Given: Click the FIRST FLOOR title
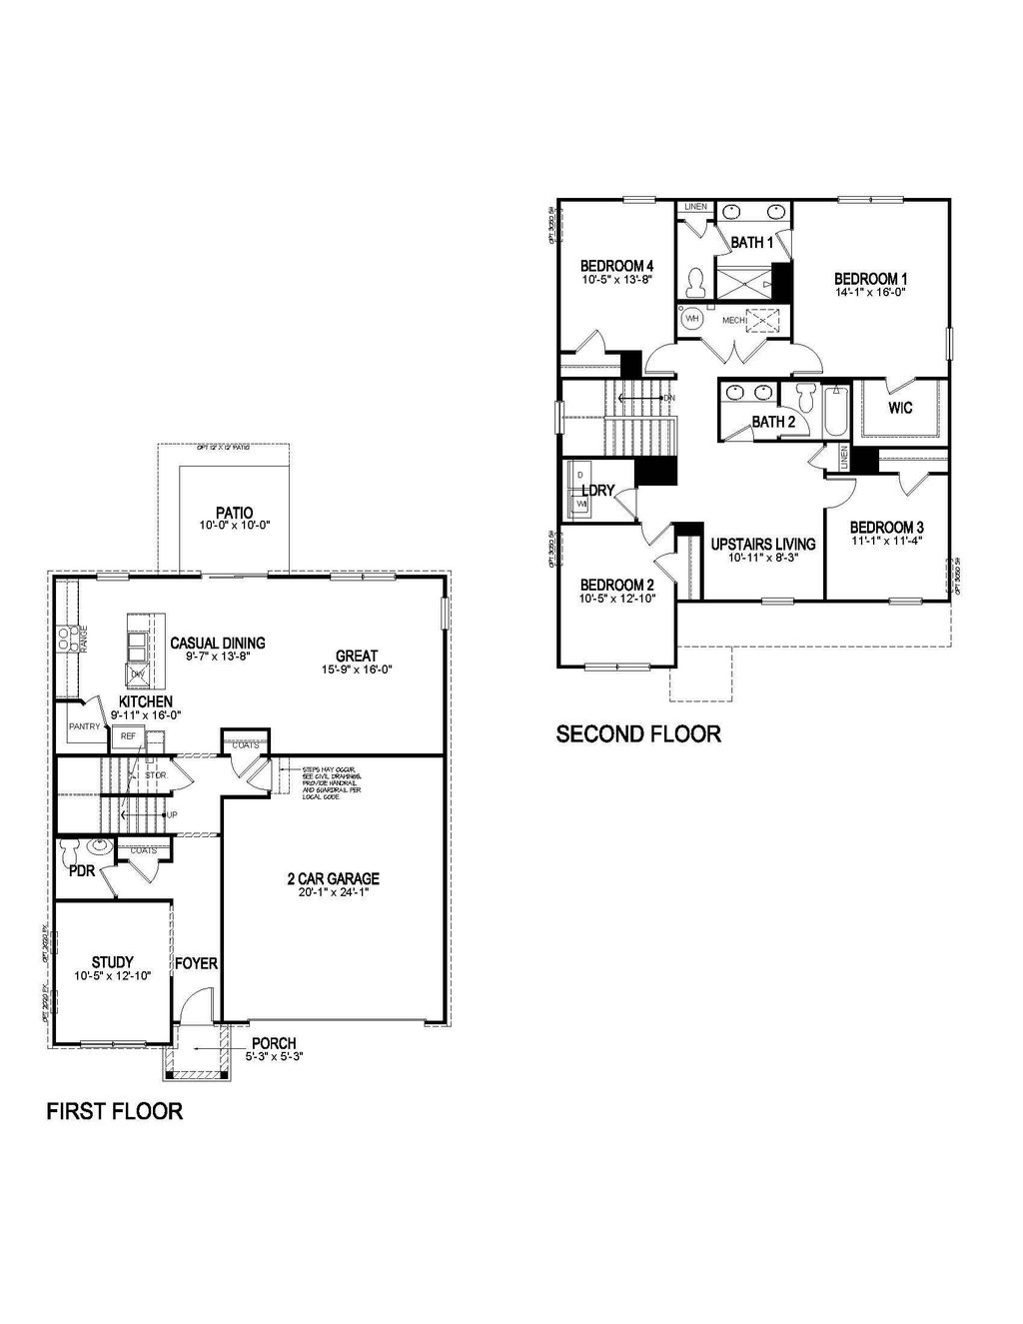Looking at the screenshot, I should (x=114, y=1111).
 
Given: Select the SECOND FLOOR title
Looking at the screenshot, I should (x=637, y=734).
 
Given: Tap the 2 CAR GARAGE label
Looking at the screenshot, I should (x=333, y=879).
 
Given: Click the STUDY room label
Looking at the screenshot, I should (x=112, y=962).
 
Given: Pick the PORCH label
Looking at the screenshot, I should (x=273, y=1043).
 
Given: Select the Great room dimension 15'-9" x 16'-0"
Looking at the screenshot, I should (x=356, y=669).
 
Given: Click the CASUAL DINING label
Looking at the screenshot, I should (x=217, y=644).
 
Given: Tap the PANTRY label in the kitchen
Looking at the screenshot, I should (x=84, y=726).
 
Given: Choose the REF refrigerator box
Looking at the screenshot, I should (x=128, y=736).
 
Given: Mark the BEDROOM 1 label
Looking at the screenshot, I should (x=870, y=279).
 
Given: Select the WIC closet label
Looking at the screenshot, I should (x=899, y=408).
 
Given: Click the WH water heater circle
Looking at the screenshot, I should (x=691, y=320).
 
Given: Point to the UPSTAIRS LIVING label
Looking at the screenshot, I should (x=762, y=545).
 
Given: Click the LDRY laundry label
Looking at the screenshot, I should (x=597, y=491).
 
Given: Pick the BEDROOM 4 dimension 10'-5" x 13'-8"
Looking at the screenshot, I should (x=616, y=280).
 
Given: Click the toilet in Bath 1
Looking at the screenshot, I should (x=695, y=284).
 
